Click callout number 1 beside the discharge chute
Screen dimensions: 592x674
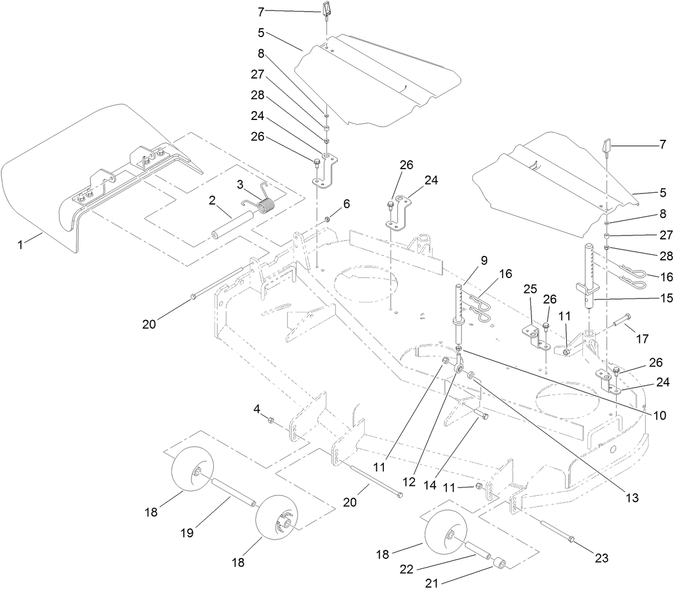(20, 244)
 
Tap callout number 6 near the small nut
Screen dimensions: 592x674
(346, 203)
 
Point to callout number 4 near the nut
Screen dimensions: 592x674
(257, 409)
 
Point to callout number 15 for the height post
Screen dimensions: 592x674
(666, 298)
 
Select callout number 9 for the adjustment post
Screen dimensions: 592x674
(483, 260)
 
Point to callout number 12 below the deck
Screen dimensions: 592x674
(408, 481)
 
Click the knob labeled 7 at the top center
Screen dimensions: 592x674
(325, 9)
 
